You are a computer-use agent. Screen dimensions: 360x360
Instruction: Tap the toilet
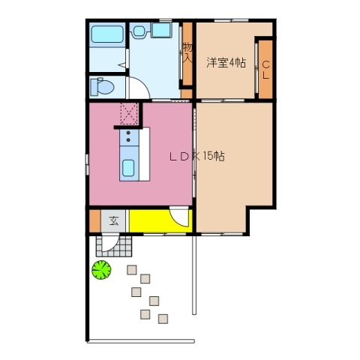100,87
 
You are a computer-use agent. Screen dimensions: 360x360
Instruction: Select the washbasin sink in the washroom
141,31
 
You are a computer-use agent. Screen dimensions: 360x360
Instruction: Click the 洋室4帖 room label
226,63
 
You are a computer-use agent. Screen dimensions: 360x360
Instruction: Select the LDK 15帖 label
196,157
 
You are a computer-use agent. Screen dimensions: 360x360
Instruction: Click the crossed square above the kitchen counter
130,115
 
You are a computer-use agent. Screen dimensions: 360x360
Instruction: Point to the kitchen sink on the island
128,168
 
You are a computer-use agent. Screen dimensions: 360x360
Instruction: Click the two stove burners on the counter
128,138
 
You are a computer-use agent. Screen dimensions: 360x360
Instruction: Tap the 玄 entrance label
114,221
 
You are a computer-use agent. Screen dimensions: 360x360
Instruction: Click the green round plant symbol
101,268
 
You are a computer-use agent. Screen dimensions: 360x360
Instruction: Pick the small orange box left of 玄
94,221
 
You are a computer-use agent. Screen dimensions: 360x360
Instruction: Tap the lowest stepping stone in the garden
163,319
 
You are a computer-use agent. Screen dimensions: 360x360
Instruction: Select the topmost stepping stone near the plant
132,270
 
